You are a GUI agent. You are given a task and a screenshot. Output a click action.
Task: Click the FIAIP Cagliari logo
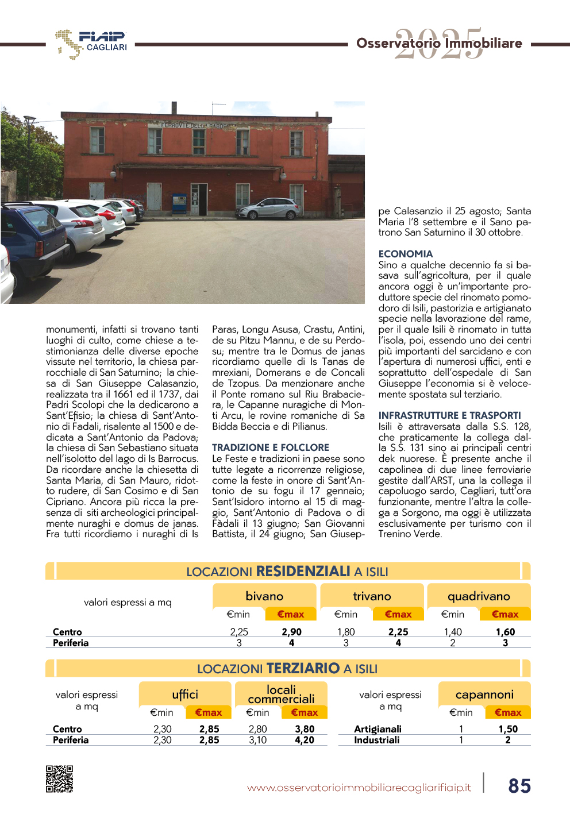(91, 43)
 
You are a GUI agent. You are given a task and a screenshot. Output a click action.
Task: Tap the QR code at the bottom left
(59, 779)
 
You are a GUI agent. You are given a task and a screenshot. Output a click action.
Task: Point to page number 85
(519, 786)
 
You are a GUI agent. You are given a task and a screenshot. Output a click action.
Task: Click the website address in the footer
(359, 788)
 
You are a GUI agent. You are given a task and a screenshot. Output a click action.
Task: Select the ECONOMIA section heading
(406, 254)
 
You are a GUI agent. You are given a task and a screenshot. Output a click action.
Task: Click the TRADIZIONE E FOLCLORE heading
(271, 447)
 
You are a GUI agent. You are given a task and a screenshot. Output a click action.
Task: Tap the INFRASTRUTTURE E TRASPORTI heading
(449, 415)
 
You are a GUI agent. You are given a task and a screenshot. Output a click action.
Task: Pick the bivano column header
(264, 596)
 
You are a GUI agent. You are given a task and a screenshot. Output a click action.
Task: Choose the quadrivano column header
(479, 596)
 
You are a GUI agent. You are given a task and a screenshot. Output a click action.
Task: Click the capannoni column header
(484, 695)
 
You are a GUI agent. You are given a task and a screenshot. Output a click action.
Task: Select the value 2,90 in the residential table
(291, 632)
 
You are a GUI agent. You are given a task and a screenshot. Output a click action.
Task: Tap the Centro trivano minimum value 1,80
(346, 632)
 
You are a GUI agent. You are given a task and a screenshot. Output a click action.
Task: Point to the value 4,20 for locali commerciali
(305, 740)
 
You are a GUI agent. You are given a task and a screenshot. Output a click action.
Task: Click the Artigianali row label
(378, 729)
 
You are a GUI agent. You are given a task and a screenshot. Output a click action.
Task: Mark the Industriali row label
(376, 740)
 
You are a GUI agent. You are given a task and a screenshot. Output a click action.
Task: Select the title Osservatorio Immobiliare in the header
(439, 43)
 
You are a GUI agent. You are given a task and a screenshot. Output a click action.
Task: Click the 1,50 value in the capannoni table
(508, 729)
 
